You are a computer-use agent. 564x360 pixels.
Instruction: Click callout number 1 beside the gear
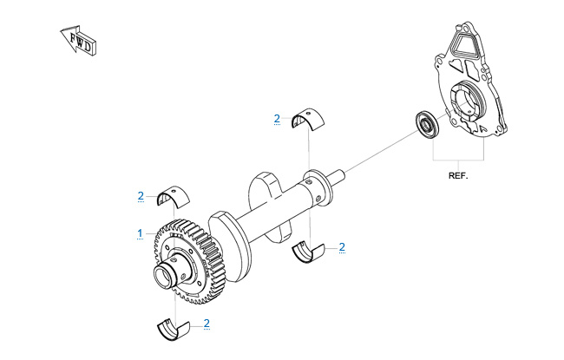[140, 233]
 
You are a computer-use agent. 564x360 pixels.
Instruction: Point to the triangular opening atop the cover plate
[462, 41]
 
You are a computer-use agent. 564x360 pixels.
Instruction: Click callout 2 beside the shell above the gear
[141, 196]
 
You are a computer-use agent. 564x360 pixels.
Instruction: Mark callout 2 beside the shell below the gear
[207, 324]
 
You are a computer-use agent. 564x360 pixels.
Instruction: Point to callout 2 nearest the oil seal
[276, 118]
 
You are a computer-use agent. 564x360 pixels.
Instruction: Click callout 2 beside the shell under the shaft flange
[342, 247]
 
